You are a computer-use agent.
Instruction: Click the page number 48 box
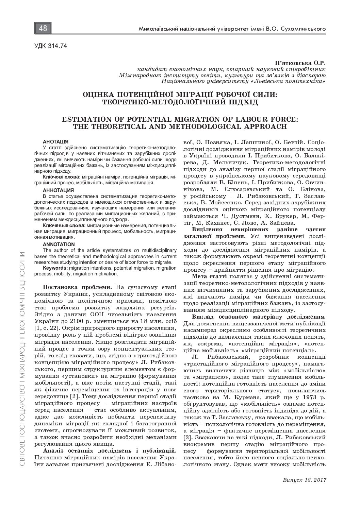click(x=43, y=29)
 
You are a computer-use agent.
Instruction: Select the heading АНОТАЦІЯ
click(x=55, y=141)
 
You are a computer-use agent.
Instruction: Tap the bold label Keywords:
click(x=55, y=268)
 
